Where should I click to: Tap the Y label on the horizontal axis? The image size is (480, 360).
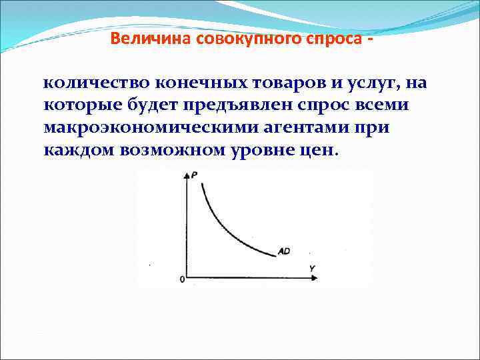pos(311,267)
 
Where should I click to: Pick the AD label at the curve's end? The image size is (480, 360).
pos(283,251)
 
